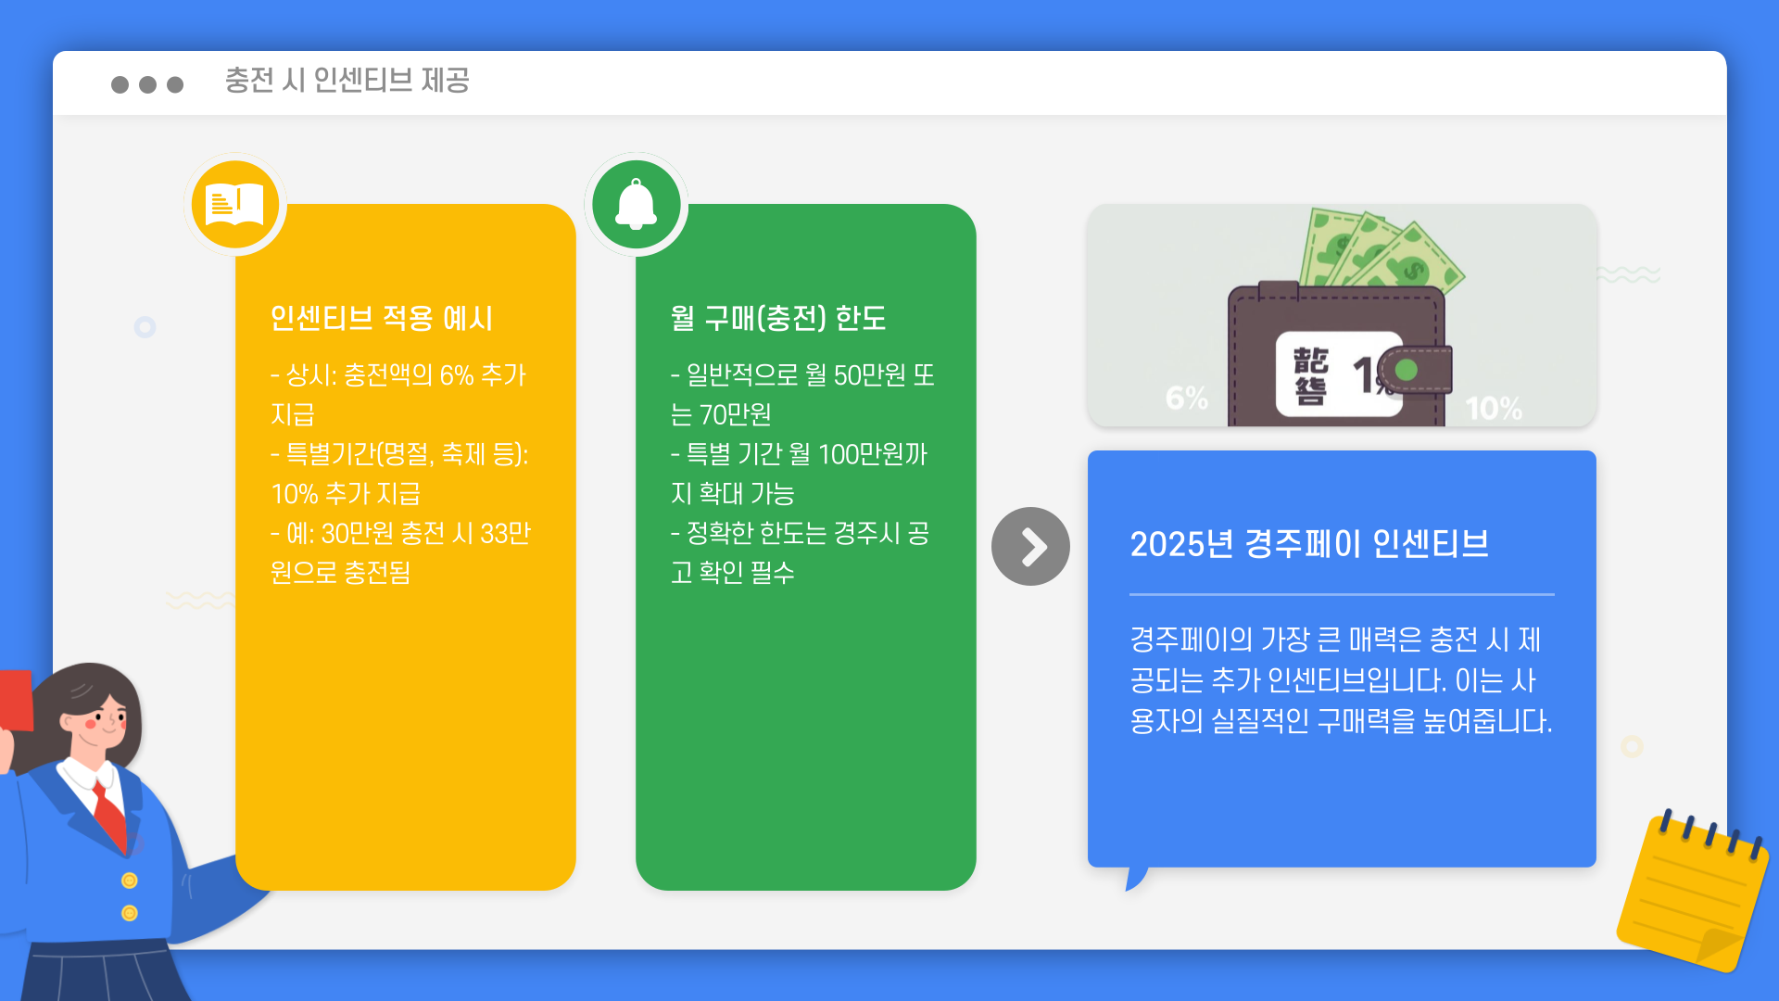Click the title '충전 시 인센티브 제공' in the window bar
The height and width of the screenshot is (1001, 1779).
tap(347, 81)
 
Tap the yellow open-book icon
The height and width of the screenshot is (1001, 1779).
tap(235, 204)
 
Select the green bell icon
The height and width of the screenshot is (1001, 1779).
tap(637, 204)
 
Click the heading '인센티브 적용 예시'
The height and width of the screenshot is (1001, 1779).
tap(381, 318)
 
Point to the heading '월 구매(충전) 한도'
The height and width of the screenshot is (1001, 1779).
tap(778, 318)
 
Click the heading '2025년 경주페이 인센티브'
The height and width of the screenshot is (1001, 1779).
tap(1308, 544)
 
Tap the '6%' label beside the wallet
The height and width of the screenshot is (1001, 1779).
tap(1186, 399)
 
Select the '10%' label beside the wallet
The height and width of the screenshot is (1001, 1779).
tap(1494, 408)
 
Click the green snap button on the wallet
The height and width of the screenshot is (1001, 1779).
tap(1407, 370)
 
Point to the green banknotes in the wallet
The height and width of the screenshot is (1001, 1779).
tap(1381, 250)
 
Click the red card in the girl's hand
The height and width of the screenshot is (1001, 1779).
tap(16, 701)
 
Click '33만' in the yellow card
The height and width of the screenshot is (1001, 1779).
tap(505, 534)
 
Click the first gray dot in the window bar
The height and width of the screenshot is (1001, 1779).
tap(120, 84)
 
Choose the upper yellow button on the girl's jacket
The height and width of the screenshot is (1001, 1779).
tap(130, 881)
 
